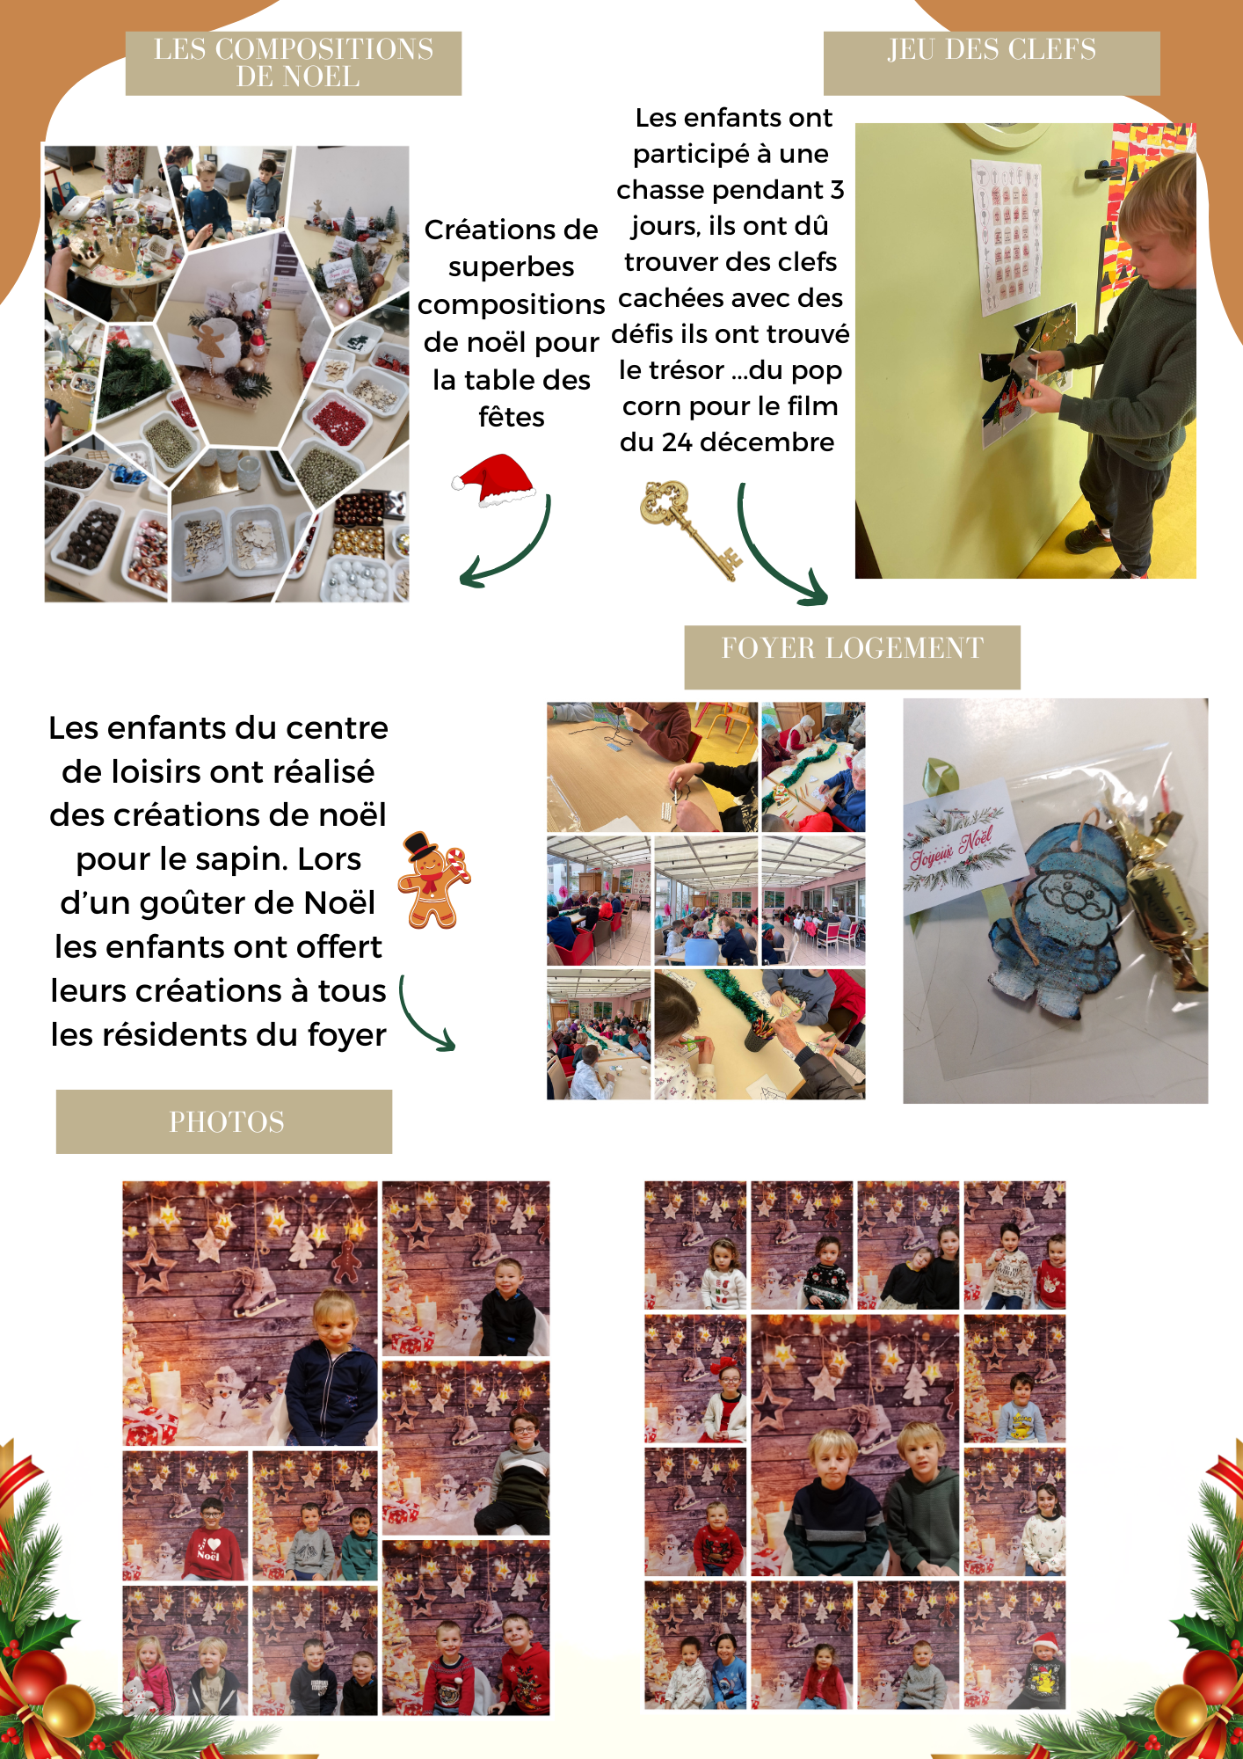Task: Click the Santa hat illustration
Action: point(494,480)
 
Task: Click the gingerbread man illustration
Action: point(433,880)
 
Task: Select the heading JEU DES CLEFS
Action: point(992,49)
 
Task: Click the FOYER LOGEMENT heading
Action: point(852,648)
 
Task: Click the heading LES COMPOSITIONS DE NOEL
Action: point(294,62)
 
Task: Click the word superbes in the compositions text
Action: point(511,266)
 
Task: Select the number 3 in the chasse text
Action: point(837,189)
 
